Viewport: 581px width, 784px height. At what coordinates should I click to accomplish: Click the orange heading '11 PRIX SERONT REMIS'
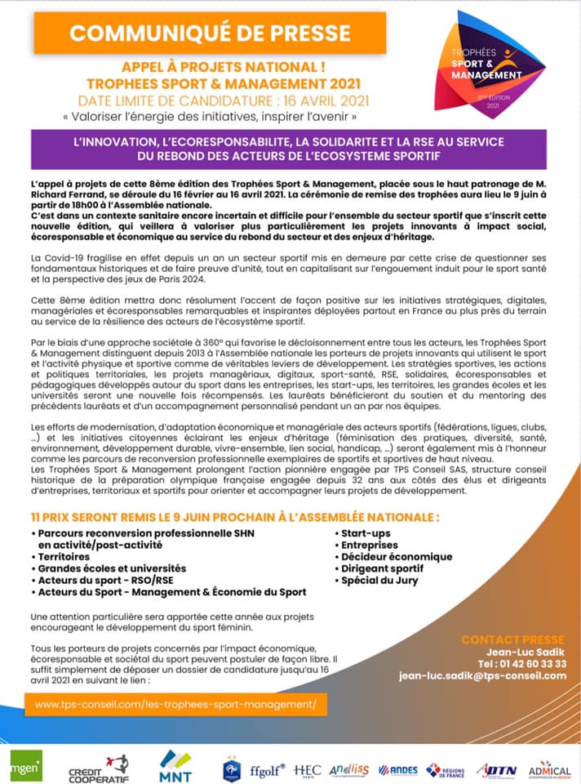click(x=235, y=517)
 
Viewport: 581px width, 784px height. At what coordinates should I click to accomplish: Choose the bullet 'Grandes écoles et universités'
click(x=112, y=568)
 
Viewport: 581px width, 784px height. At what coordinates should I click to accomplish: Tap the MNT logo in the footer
click(x=176, y=765)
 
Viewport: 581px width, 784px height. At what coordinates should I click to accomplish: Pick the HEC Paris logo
click(x=307, y=770)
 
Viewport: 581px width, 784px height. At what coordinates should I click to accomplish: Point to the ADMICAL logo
click(x=549, y=769)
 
